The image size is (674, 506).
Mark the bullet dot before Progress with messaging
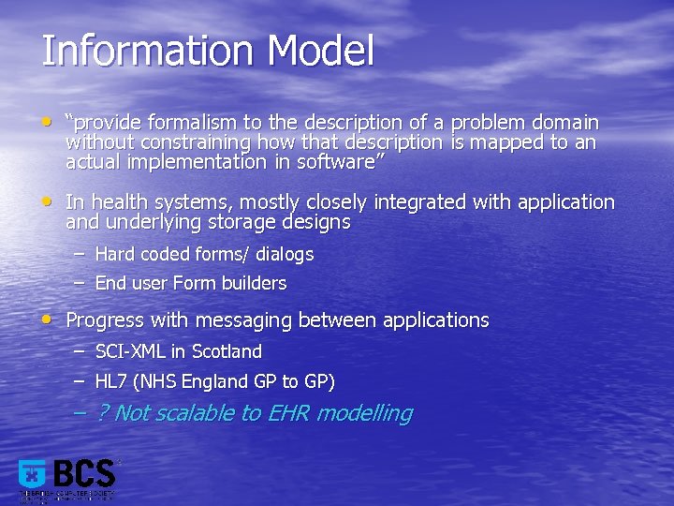(48, 319)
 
